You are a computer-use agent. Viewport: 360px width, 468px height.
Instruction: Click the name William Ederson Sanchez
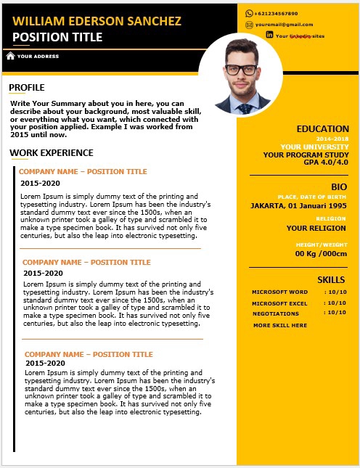(97, 21)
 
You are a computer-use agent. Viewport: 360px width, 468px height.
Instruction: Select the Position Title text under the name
(57, 37)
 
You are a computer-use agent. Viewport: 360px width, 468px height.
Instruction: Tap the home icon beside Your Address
(10, 55)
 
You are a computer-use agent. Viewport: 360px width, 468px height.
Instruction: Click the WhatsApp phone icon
(249, 13)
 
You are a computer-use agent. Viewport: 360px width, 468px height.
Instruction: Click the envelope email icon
(249, 24)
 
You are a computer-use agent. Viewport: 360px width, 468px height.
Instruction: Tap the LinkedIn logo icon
(269, 35)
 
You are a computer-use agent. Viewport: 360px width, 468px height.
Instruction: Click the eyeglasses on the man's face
(241, 70)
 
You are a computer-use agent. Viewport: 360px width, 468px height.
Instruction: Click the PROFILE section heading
(27, 88)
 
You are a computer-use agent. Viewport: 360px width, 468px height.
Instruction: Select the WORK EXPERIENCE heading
(51, 153)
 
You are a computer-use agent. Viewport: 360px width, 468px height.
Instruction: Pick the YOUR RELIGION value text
(316, 228)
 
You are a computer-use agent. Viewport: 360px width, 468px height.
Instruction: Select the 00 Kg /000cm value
(321, 253)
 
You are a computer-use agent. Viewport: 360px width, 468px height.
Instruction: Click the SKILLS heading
(331, 279)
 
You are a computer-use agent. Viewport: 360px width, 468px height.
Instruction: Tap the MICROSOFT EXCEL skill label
(279, 303)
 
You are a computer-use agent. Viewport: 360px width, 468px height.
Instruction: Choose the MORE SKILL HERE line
(280, 325)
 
